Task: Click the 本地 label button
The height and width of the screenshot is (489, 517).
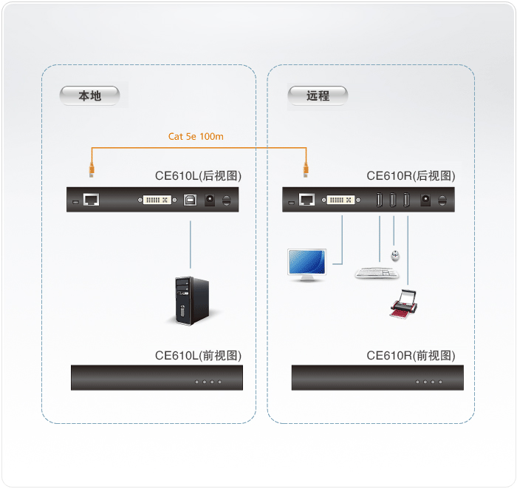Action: pyautogui.click(x=89, y=95)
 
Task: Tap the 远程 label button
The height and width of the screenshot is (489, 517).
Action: pyautogui.click(x=318, y=95)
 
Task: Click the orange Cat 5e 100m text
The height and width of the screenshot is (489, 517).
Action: pyautogui.click(x=196, y=136)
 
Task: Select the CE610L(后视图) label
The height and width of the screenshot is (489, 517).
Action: pyautogui.click(x=198, y=175)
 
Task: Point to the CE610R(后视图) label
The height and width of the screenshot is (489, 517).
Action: pyautogui.click(x=411, y=175)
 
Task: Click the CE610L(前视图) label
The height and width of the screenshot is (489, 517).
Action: pyautogui.click(x=198, y=356)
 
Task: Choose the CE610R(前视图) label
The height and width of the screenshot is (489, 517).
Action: pyautogui.click(x=411, y=356)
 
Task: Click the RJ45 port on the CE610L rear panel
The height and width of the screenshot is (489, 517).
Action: pyautogui.click(x=91, y=200)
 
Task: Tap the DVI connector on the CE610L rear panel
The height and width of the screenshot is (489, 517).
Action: pyautogui.click(x=157, y=200)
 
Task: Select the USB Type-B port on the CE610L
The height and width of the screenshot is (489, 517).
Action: pyautogui.click(x=190, y=200)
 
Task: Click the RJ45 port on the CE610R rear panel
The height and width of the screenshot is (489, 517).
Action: pyautogui.click(x=307, y=200)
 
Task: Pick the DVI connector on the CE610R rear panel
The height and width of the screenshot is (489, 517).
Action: pyautogui.click(x=341, y=200)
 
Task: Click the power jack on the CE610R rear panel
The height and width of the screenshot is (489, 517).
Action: pyautogui.click(x=425, y=200)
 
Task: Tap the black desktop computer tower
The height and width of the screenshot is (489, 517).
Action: pyautogui.click(x=192, y=300)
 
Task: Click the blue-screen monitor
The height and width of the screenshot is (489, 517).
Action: pyautogui.click(x=307, y=265)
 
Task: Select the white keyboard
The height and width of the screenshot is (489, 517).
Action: pyautogui.click(x=377, y=274)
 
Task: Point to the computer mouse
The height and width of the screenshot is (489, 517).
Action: pyautogui.click(x=395, y=255)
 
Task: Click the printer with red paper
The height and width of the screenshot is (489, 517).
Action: pyautogui.click(x=403, y=304)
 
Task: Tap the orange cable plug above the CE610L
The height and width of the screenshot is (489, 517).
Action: pyautogui.click(x=92, y=169)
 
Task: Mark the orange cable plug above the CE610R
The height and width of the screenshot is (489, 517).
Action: pyautogui.click(x=306, y=169)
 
